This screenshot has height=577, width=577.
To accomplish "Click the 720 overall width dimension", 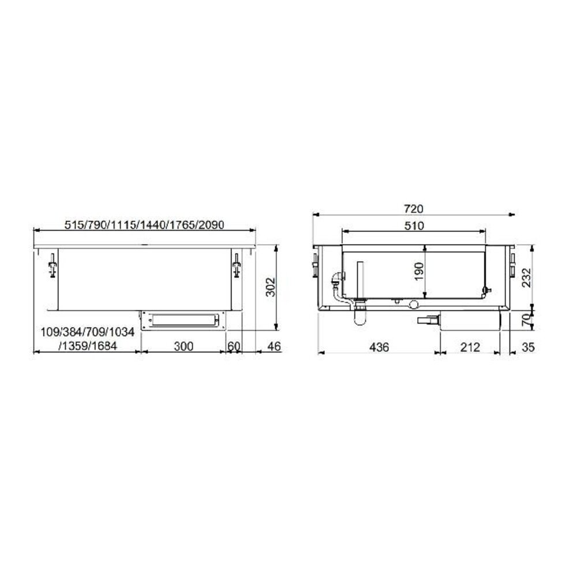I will [x=414, y=209].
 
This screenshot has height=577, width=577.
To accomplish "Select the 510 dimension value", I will [x=414, y=226].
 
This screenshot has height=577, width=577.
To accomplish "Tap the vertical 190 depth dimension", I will [x=419, y=271].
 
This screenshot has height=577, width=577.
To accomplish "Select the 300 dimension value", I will [x=182, y=347].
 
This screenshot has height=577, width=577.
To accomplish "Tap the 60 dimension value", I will [x=234, y=347].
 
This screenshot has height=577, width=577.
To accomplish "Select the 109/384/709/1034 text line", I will [x=87, y=332].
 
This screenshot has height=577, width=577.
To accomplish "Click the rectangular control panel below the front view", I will [x=182, y=320].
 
